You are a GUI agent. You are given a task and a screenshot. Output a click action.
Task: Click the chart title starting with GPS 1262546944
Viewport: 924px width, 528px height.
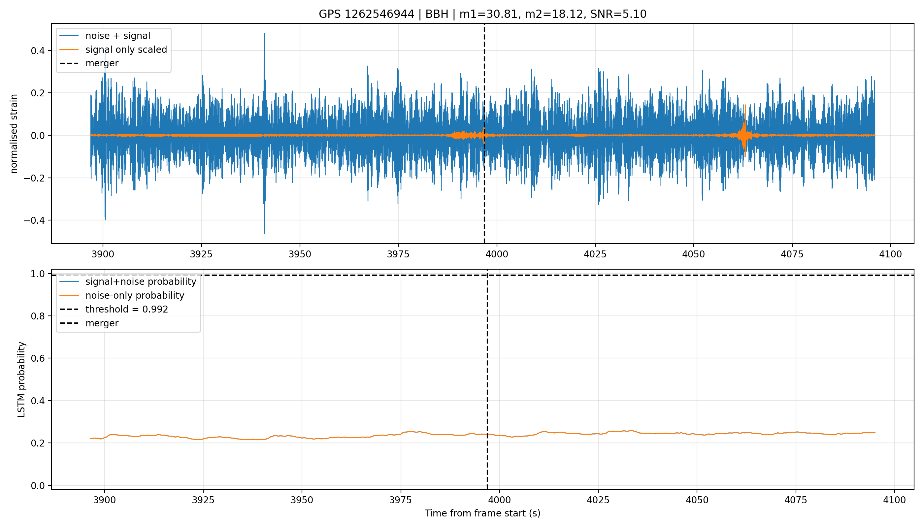coord(482,14)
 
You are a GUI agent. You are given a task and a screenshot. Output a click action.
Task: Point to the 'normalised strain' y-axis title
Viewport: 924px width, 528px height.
coord(14,134)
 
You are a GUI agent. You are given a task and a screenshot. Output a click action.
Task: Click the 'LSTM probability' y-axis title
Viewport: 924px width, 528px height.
coord(21,380)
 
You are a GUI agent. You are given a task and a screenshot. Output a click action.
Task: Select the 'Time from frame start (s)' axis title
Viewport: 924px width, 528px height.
coord(482,513)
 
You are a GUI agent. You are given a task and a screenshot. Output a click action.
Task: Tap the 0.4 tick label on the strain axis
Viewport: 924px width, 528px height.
coord(38,51)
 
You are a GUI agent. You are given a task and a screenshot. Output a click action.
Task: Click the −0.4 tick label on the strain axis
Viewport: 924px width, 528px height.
coord(34,220)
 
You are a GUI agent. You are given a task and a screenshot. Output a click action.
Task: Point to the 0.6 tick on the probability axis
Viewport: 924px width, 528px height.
coord(38,358)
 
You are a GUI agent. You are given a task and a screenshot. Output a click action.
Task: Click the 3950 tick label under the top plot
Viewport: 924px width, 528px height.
coord(300,254)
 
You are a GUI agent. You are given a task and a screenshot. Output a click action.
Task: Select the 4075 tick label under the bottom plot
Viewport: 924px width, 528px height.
coord(796,500)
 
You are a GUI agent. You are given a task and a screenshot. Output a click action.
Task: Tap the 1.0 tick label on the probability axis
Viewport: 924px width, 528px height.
coord(38,274)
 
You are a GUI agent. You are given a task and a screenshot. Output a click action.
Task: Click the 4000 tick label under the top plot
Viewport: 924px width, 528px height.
coord(496,254)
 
